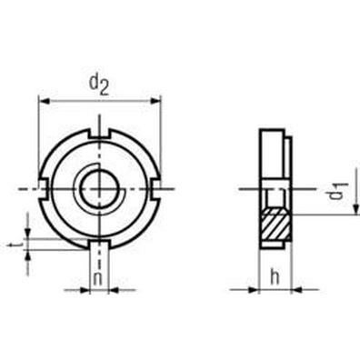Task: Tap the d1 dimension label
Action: tap(337, 192)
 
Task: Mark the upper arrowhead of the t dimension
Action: tap(30, 232)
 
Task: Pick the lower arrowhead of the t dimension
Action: tap(30, 256)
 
